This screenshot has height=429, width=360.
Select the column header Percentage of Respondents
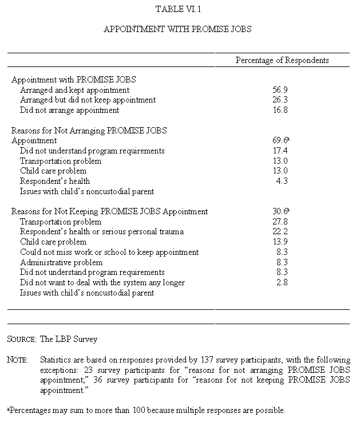tap(282, 60)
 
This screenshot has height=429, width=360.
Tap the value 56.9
tap(282, 90)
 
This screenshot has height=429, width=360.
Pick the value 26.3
tap(282, 100)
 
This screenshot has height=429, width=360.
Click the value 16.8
tap(282, 110)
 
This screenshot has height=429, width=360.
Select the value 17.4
tap(282, 151)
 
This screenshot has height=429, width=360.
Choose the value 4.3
tap(282, 181)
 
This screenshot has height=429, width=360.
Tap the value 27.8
tap(282, 222)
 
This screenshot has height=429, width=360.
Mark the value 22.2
tap(282, 231)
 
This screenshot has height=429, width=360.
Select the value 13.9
tap(282, 242)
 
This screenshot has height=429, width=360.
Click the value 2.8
tap(282, 282)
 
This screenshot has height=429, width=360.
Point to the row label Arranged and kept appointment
tap(74, 90)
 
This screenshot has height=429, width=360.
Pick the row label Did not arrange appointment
tap(69, 110)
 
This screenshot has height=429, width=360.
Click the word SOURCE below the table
tap(21, 339)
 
